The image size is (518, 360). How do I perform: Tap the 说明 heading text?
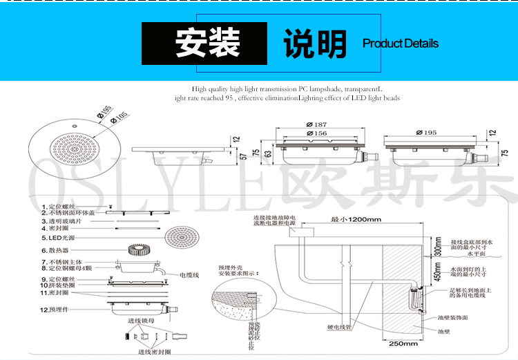[315, 44]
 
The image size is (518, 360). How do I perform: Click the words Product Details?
[401, 44]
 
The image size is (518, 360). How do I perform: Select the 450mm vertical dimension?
[437, 274]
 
